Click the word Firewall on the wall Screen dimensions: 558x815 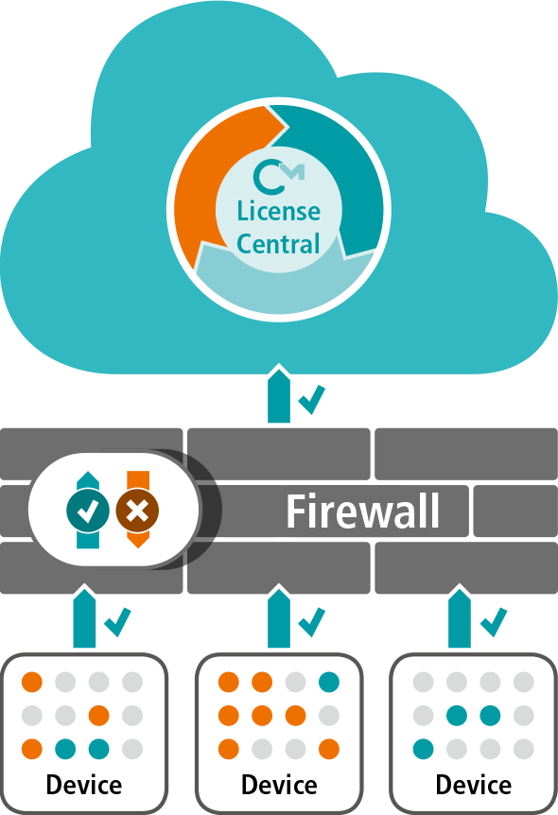[x=363, y=512]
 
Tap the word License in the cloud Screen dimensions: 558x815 [x=279, y=211]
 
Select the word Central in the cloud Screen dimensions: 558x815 [x=278, y=244]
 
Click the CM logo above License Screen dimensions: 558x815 [x=279, y=177]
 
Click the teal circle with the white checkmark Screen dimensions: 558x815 [x=88, y=511]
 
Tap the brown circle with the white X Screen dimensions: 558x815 [x=137, y=511]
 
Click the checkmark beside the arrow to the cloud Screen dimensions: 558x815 [x=312, y=399]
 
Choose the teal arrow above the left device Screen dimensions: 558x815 [x=84, y=618]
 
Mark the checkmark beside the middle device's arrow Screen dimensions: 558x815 [x=312, y=622]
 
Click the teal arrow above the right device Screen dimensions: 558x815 [x=460, y=618]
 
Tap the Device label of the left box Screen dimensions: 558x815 [x=84, y=785]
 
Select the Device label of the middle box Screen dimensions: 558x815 [x=279, y=785]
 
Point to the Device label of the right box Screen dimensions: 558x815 [x=474, y=785]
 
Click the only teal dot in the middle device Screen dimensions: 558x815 [x=329, y=682]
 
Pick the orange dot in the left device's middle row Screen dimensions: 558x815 [x=98, y=715]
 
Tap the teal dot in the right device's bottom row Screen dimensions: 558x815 [x=424, y=749]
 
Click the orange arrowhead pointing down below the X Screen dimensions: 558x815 [x=138, y=540]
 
